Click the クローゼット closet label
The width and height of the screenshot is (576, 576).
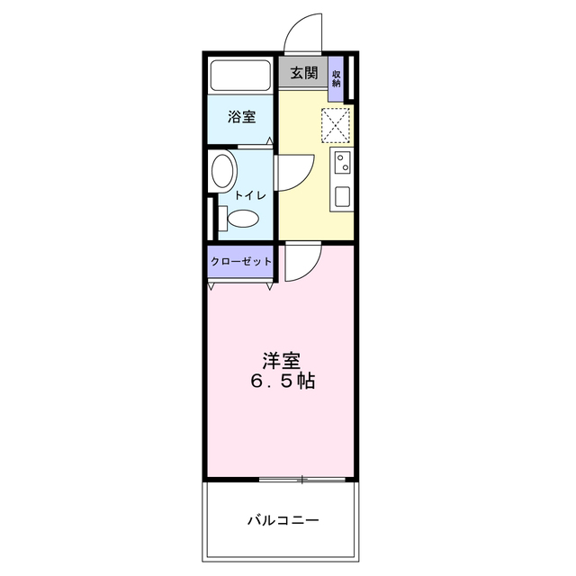click(240, 261)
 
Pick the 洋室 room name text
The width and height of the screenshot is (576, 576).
click(281, 362)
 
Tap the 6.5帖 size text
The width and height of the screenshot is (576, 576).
click(282, 382)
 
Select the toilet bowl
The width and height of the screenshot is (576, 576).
click(244, 218)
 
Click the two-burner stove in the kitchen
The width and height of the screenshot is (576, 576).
click(342, 163)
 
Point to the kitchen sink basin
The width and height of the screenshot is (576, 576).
click(342, 196)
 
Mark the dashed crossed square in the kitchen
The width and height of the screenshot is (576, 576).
click(337, 125)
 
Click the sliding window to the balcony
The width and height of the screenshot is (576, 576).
click(302, 479)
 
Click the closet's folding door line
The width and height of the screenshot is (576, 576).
click(240, 285)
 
